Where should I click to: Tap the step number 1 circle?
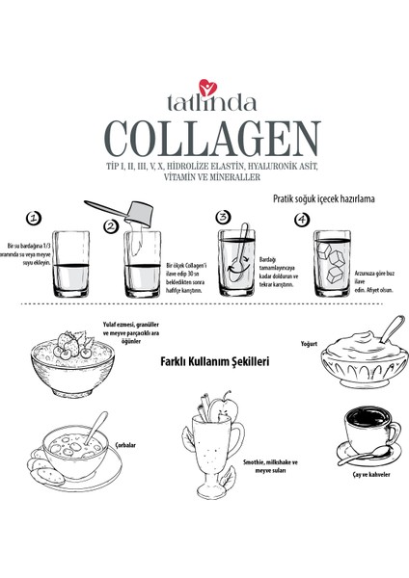pyautogui.click(x=34, y=218)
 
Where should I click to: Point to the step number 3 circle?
pyautogui.click(x=224, y=218)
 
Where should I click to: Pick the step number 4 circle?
pyautogui.click(x=301, y=218)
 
